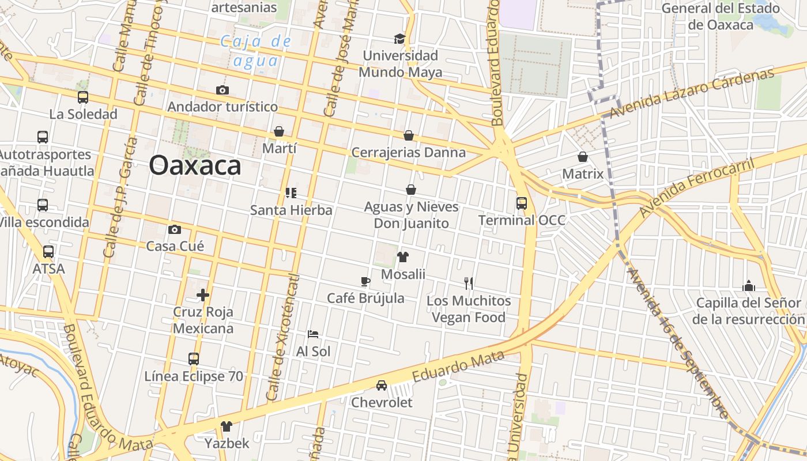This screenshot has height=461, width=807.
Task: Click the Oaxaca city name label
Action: click(195, 166)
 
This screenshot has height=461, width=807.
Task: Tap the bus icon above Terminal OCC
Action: click(522, 203)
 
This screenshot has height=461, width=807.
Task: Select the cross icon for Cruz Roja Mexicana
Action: click(203, 295)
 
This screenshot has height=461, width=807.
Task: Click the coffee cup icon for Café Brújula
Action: click(365, 282)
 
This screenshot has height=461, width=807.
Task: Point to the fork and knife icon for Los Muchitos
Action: click(469, 283)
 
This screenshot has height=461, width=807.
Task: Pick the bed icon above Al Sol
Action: click(313, 334)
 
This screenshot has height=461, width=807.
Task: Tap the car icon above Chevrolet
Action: click(382, 385)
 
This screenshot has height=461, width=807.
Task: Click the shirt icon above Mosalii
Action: click(403, 257)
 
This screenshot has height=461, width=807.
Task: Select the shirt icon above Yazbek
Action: click(227, 426)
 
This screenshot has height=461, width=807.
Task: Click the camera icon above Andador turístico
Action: click(222, 90)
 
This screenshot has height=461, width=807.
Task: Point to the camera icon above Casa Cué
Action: click(175, 229)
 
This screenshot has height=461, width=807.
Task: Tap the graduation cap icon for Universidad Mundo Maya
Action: click(399, 39)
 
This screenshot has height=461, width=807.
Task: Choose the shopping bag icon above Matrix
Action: click(583, 157)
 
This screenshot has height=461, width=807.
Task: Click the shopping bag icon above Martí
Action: click(279, 131)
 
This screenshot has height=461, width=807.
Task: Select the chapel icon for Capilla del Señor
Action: click(749, 286)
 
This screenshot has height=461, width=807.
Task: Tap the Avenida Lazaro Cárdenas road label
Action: click(692, 94)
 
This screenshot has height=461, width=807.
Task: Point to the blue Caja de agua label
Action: click(256, 51)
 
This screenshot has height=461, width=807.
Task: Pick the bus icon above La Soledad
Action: click(83, 97)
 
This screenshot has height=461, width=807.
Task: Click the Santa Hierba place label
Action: click(291, 210)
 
